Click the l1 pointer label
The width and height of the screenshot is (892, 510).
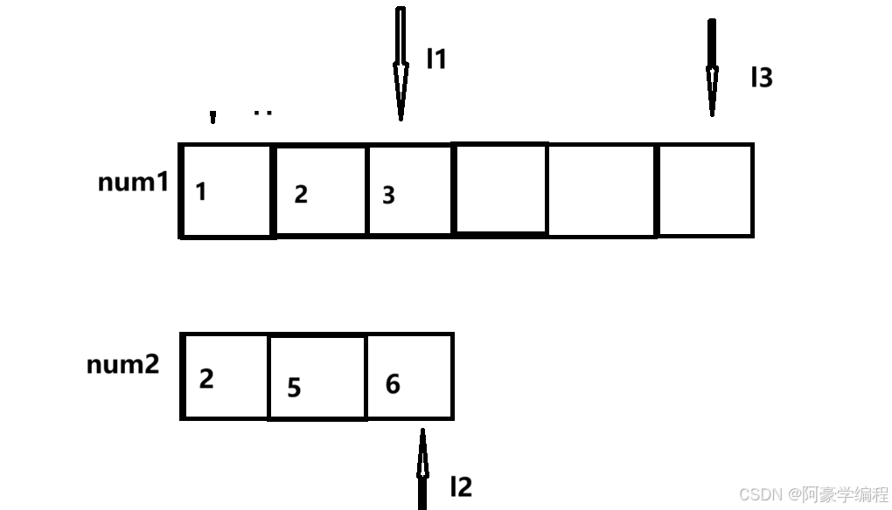[x=436, y=59]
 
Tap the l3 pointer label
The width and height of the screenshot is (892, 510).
[x=762, y=78]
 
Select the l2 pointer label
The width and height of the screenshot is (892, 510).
[x=460, y=486]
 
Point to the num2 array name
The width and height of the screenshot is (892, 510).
[x=123, y=364]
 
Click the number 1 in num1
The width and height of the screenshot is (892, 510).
[x=201, y=192]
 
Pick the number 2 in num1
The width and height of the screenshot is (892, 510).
[x=301, y=195]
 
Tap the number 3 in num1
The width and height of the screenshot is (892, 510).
[x=389, y=196]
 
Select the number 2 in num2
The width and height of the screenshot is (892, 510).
[x=206, y=380]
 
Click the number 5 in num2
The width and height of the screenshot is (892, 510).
[x=294, y=387]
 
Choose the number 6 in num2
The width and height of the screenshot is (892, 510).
[x=393, y=383]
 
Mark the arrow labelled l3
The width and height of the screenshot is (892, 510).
[x=712, y=68]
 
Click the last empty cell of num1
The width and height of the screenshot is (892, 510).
[x=705, y=190]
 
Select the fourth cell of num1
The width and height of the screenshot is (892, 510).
[x=500, y=190]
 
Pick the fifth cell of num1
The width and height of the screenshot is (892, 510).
[x=602, y=190]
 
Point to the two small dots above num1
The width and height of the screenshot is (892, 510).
[x=262, y=113]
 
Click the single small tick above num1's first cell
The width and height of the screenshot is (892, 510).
[x=213, y=117]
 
